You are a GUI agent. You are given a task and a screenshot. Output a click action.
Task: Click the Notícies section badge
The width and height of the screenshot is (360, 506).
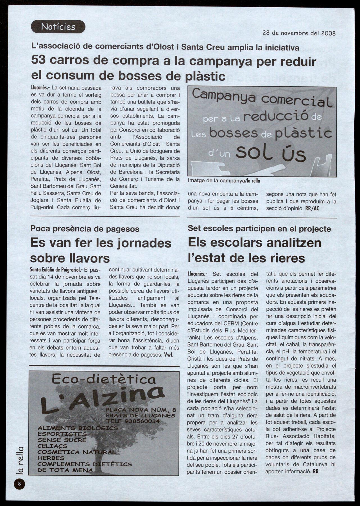pos(58,27)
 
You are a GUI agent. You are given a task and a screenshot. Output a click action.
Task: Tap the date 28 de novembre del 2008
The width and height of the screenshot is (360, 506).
pos(299,33)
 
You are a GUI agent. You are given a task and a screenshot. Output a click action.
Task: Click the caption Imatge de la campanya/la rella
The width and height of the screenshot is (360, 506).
pos(224,181)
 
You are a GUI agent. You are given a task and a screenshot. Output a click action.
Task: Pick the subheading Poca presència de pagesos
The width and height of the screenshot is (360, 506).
pos(85,229)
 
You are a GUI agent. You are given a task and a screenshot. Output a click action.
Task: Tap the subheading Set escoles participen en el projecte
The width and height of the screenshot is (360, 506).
pos(259,229)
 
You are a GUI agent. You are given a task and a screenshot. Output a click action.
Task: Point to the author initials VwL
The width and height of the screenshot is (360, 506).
pos(168,355)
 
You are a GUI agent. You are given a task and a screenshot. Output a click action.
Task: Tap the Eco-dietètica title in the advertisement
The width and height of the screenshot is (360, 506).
pos(104,380)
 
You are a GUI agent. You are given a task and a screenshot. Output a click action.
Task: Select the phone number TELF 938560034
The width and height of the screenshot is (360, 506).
pos(133,421)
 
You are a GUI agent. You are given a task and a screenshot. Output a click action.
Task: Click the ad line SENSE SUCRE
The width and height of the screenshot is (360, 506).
pos(62,440)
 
